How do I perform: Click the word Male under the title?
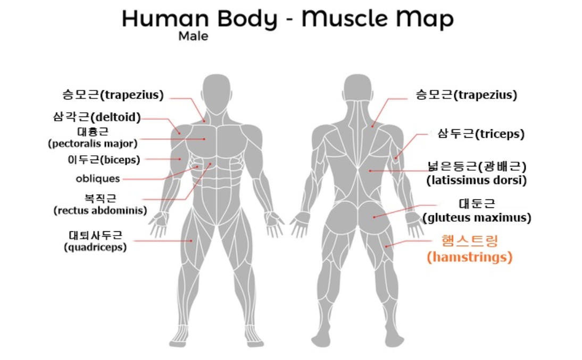click(x=193, y=37)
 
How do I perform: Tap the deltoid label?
click(x=97, y=117)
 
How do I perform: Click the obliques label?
click(x=98, y=179)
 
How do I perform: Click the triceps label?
click(x=480, y=134)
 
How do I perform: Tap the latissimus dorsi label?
click(x=477, y=173)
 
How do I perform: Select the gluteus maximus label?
click(x=477, y=211)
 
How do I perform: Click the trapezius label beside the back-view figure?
click(x=466, y=95)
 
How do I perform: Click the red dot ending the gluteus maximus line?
click(x=374, y=216)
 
